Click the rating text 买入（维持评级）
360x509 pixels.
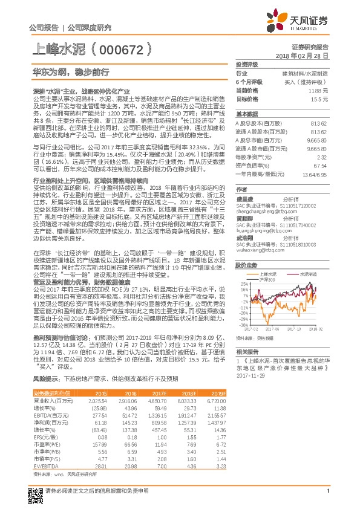click(309, 81)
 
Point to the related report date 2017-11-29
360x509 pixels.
click(250, 375)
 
